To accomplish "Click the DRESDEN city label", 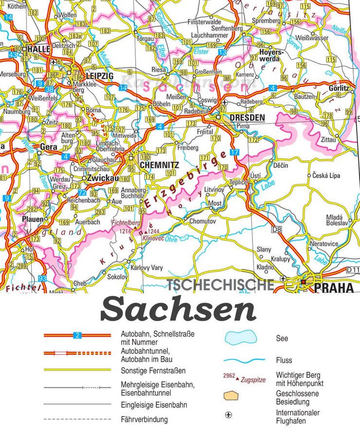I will pyautogui.click(x=247, y=118).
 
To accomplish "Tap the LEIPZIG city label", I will pyautogui.click(x=99, y=76).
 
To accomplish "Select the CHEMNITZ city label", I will pyautogui.click(x=159, y=165).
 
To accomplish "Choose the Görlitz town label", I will pyautogui.click(x=339, y=88).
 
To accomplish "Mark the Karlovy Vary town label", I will pyautogui.click(x=146, y=268).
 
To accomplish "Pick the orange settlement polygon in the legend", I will pyautogui.click(x=231, y=396).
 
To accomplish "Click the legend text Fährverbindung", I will pyautogui.click(x=144, y=419).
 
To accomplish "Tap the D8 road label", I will pyautogui.click(x=277, y=229).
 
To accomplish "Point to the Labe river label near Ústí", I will pyautogui.click(x=267, y=186).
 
